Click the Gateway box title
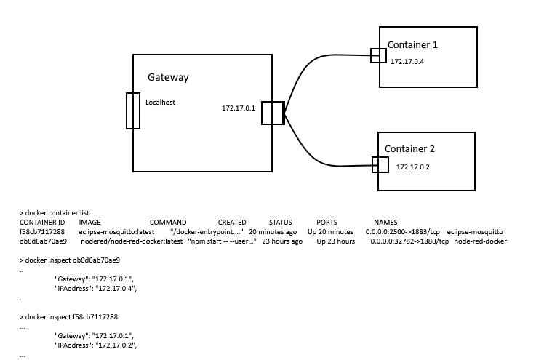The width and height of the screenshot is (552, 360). coord(169,77)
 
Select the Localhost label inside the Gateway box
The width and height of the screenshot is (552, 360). coord(161,103)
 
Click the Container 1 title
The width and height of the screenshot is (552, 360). coord(412,45)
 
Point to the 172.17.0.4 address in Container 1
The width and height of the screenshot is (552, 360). coord(407,62)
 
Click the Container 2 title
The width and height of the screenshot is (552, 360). coord(409,149)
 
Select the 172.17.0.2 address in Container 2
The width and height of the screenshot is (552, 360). coord(413,167)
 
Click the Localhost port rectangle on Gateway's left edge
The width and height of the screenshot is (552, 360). coord(132,111)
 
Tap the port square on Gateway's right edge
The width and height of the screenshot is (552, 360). coord(272,113)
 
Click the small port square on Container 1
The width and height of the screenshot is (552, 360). coord(377,55)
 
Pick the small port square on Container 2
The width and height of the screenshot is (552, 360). coord(380,164)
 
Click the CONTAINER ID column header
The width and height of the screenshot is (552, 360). coord(42,222)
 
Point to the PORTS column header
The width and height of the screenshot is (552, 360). coord(327,222)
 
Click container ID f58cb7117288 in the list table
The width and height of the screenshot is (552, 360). coord(42,231)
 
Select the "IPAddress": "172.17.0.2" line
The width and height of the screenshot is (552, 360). coord(95,345)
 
